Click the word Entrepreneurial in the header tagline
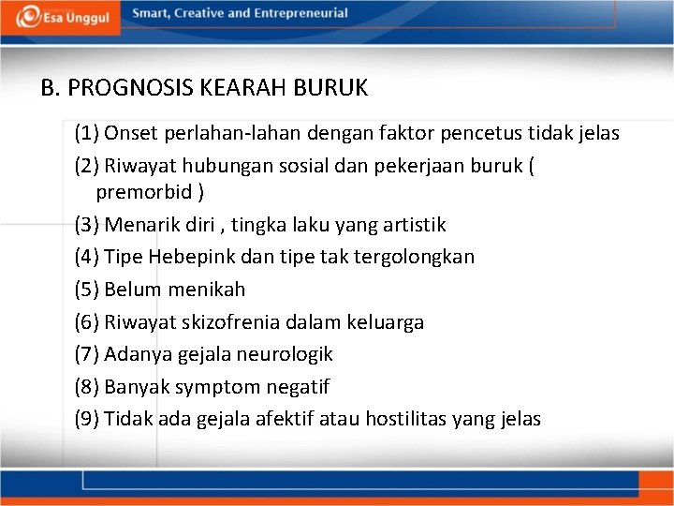click(298, 14)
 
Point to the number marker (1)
click(87, 133)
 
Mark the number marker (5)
click(87, 290)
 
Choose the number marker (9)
click(87, 419)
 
